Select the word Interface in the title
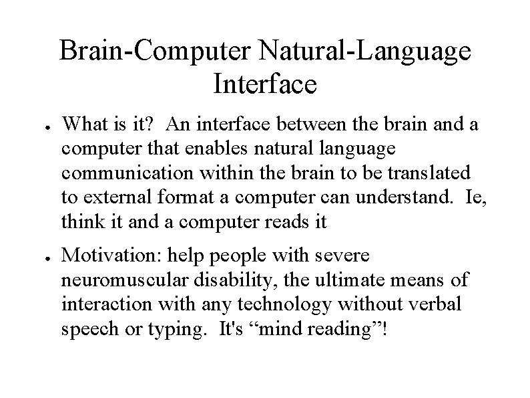click(264, 85)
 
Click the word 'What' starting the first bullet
click(83, 124)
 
